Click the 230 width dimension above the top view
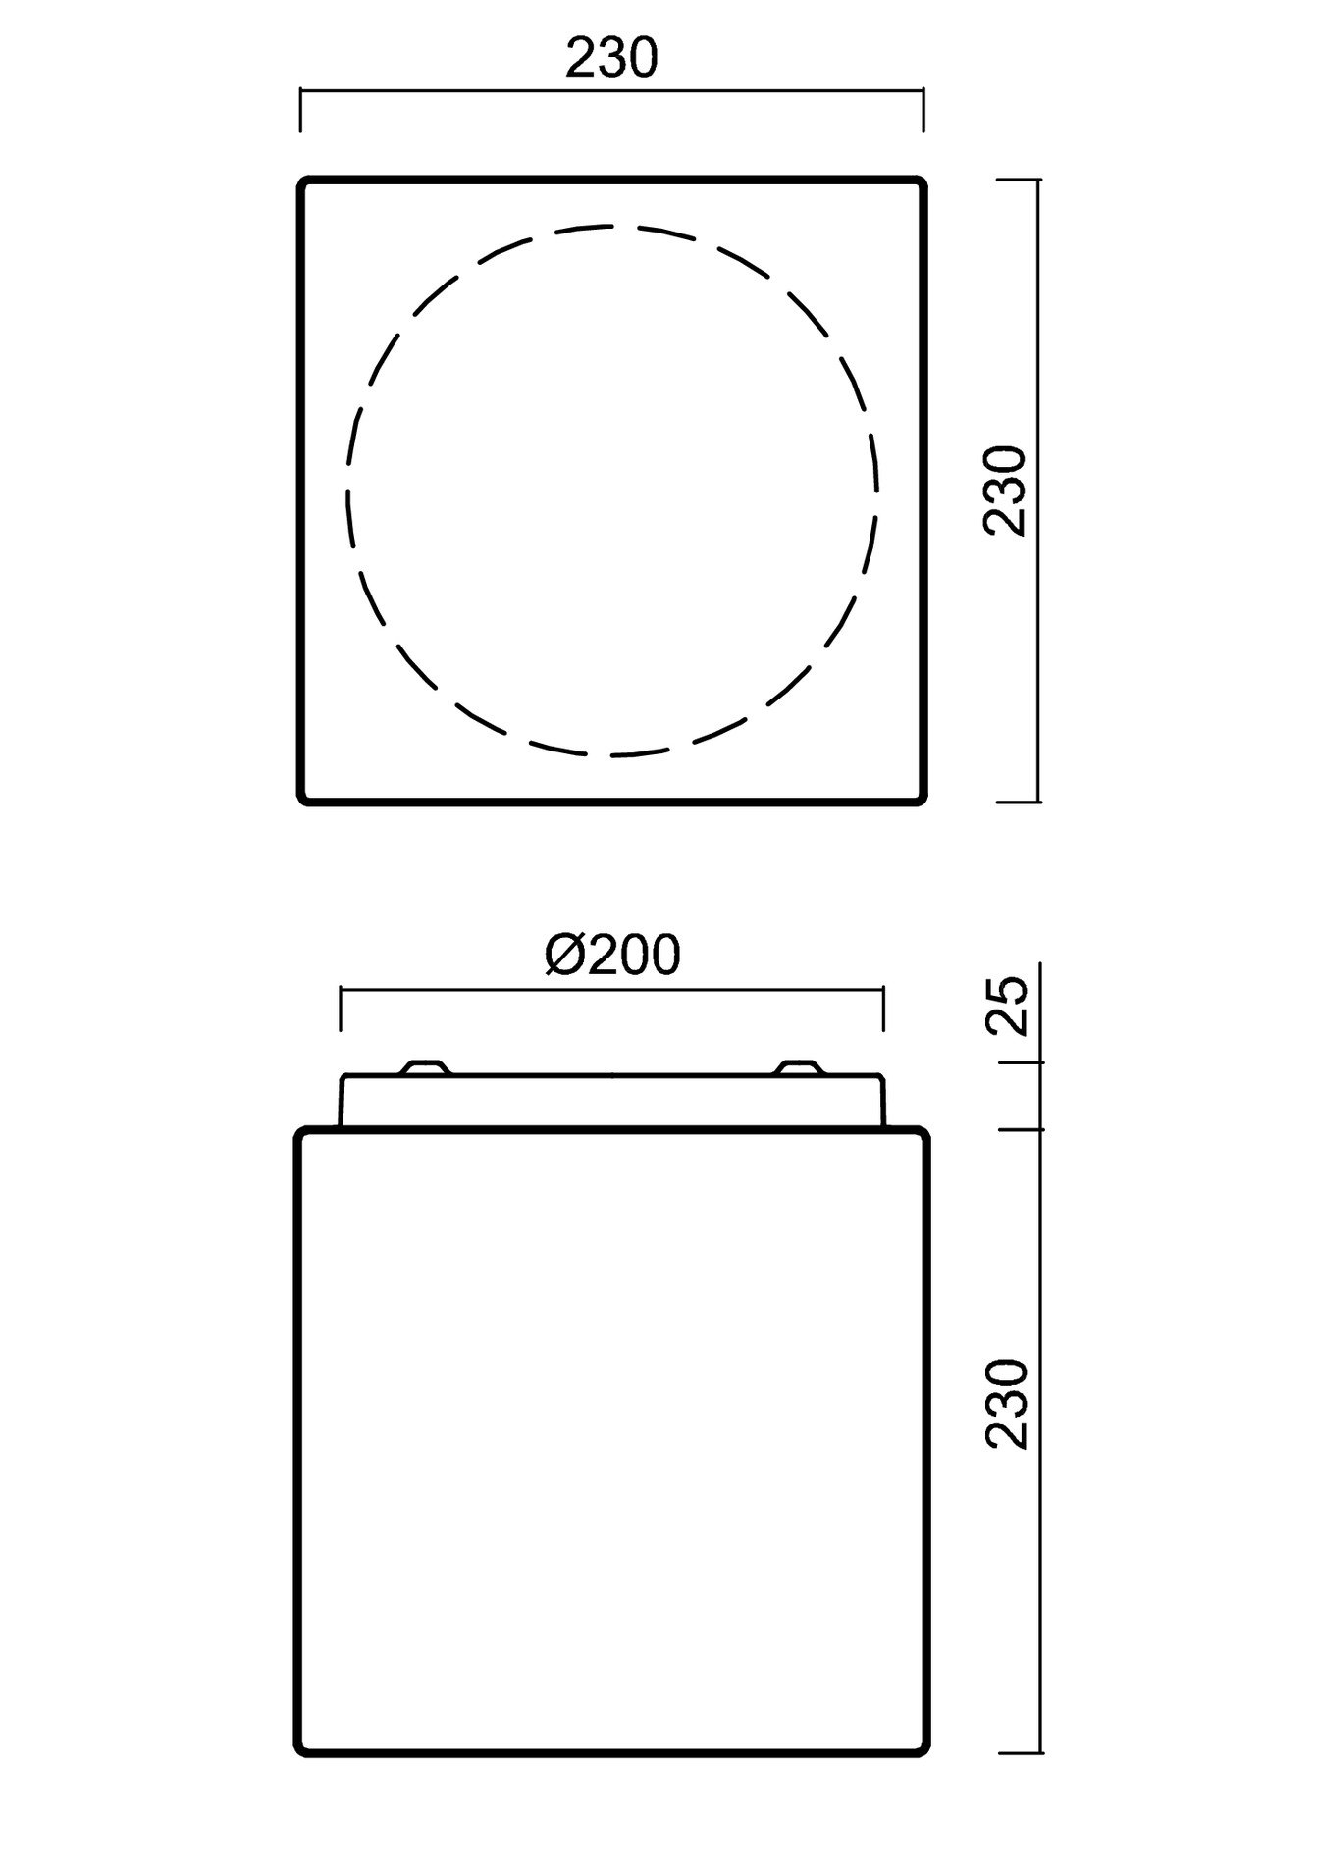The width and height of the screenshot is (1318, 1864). tap(610, 59)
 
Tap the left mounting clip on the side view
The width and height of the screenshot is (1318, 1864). tap(427, 1067)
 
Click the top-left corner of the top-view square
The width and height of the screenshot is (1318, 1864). tap(301, 181)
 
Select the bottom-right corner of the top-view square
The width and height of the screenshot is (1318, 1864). tap(923, 802)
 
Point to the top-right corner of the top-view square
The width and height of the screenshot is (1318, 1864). tap(923, 181)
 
